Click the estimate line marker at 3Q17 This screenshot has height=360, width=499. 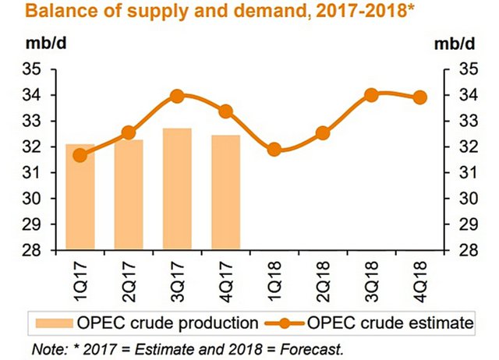click(x=177, y=97)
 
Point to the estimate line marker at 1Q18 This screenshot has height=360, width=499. click(x=274, y=150)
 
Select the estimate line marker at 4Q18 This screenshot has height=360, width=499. click(x=420, y=97)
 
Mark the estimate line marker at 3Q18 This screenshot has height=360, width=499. click(x=371, y=95)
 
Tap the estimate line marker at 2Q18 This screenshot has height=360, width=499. click(x=323, y=133)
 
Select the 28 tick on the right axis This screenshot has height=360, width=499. click(x=466, y=250)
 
